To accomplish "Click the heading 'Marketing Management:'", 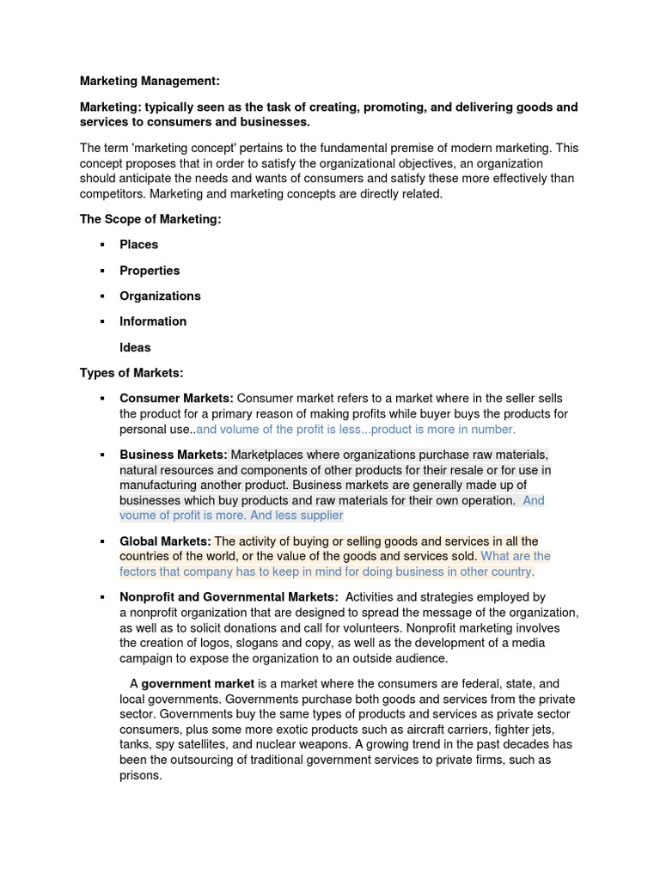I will click(150, 81).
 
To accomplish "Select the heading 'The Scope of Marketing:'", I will click(150, 219).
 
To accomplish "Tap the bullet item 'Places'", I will click(138, 244).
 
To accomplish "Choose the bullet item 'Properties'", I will click(150, 270).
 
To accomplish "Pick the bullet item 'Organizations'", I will click(160, 296).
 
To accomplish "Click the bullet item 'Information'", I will click(153, 321).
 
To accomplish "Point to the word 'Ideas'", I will click(135, 347).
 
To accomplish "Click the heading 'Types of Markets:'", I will click(131, 373).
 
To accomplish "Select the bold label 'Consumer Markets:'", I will click(176, 399).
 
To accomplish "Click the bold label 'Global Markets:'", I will click(165, 541).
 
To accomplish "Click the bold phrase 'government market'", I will click(198, 684).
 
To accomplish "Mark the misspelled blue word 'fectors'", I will click(139, 571).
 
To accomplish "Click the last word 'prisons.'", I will click(141, 775).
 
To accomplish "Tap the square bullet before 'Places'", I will click(101, 245).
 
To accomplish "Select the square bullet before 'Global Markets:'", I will click(101, 542).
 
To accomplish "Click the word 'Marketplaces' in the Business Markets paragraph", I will click(268, 454).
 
